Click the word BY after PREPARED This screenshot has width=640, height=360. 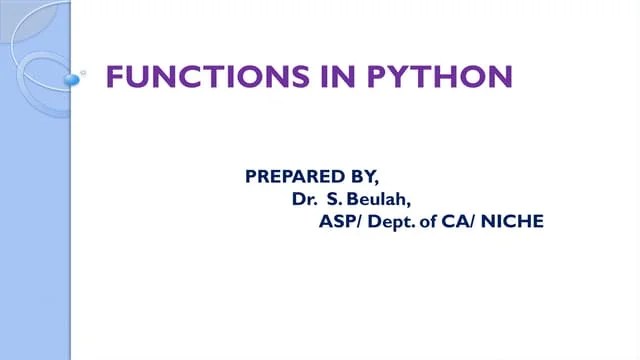coord(357,177)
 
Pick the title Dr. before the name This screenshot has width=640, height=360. coord(304,199)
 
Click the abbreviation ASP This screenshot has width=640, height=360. coord(335,221)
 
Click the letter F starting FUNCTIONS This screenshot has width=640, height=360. coord(115,76)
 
